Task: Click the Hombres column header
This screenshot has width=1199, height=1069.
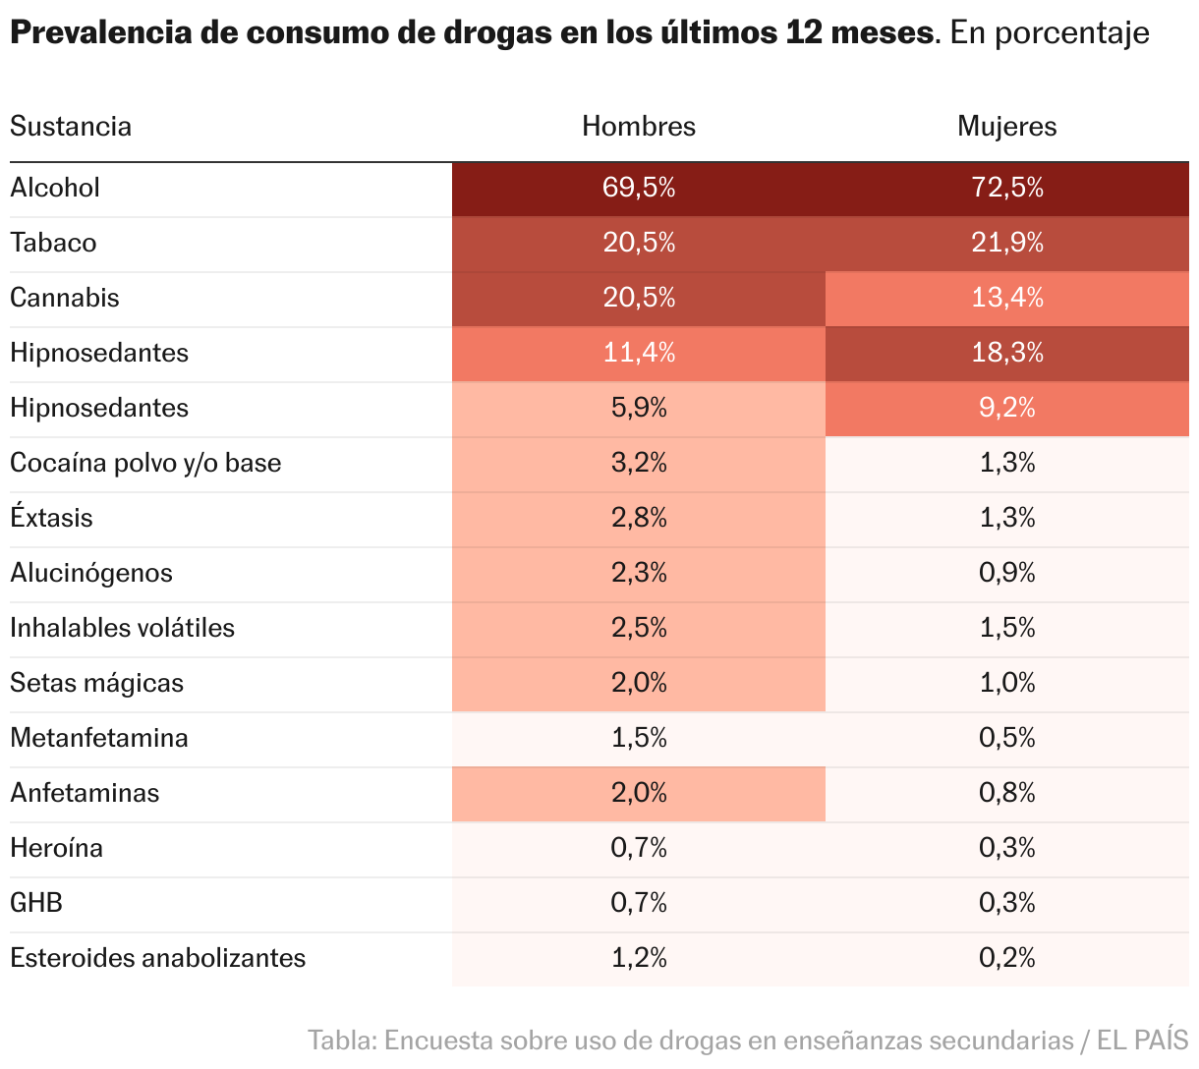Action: pyautogui.click(x=638, y=127)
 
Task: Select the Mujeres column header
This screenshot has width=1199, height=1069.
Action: pyautogui.click(x=1006, y=127)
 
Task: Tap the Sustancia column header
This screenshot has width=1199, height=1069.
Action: pyautogui.click(x=71, y=127)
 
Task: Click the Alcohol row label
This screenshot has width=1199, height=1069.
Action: pyautogui.click(x=55, y=188)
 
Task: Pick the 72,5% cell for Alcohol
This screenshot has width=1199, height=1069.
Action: pyautogui.click(x=1006, y=188)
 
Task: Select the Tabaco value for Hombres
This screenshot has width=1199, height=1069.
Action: pyautogui.click(x=638, y=243)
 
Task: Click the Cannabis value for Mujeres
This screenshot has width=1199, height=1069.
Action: pyautogui.click(x=1006, y=298)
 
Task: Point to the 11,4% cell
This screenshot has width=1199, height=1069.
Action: pyautogui.click(x=638, y=353)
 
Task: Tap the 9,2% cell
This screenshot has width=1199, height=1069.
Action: pyautogui.click(x=1006, y=408)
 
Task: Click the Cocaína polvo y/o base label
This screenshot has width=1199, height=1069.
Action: pyautogui.click(x=145, y=463)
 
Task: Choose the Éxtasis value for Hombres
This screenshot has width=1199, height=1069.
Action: pyautogui.click(x=638, y=518)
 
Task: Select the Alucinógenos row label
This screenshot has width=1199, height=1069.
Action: pyautogui.click(x=91, y=573)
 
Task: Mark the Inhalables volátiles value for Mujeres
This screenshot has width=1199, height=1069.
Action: pyautogui.click(x=1006, y=628)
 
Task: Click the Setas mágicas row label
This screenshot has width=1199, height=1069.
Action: pyautogui.click(x=96, y=683)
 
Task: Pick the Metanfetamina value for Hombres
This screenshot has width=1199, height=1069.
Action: pyautogui.click(x=638, y=738)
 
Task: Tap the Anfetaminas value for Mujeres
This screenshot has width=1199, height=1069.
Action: pyautogui.click(x=1006, y=793)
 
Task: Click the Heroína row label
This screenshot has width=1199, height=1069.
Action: pyautogui.click(x=56, y=848)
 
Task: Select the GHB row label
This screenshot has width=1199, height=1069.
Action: pyautogui.click(x=36, y=903)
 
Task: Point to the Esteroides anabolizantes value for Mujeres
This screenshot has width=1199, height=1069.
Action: pyautogui.click(x=1006, y=958)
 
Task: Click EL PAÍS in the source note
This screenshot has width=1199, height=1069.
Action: pyautogui.click(x=1142, y=1040)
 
